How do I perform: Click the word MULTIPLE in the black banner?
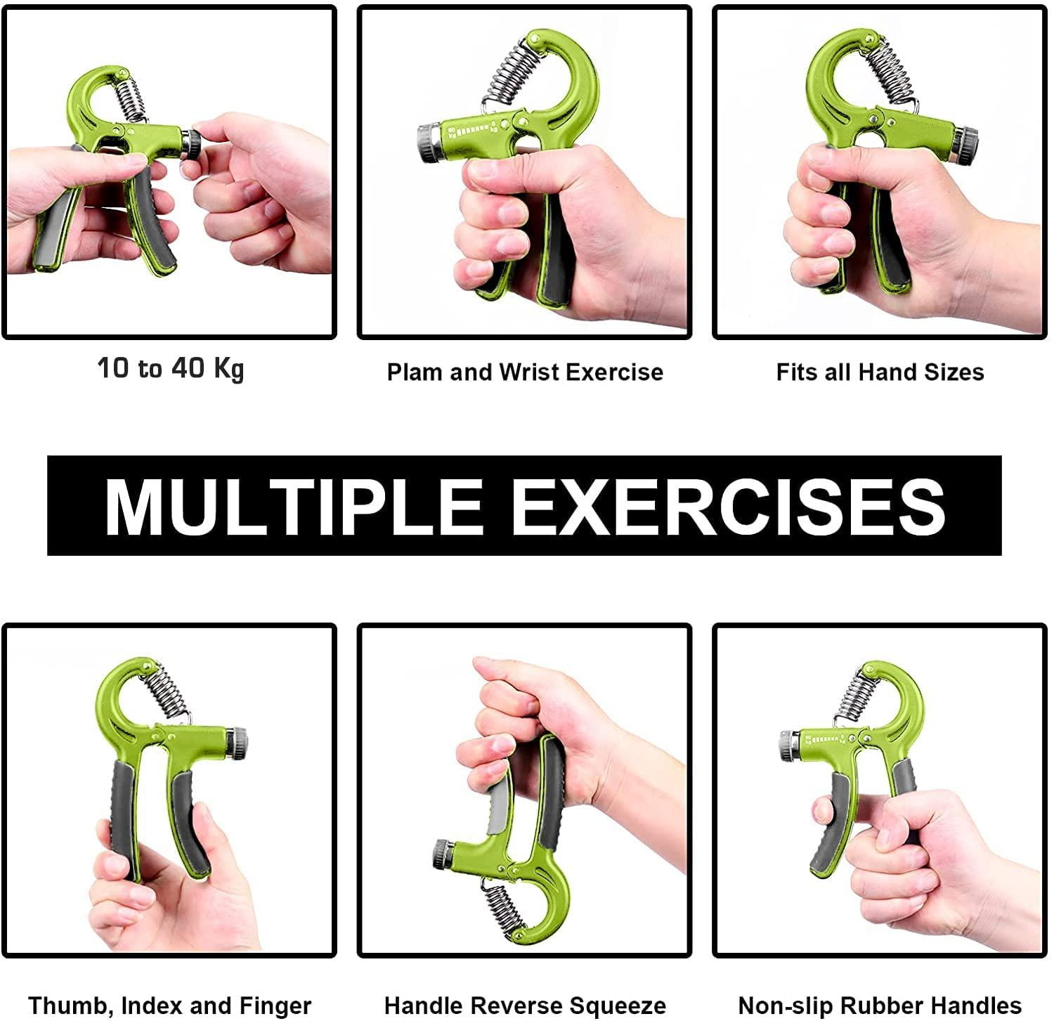click(293, 507)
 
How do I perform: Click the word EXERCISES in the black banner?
click(728, 507)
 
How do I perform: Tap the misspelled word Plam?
click(415, 372)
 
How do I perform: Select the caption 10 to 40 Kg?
click(171, 368)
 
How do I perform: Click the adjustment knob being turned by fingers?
click(190, 144)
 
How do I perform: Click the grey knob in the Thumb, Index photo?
click(237, 743)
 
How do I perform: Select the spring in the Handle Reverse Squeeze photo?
click(504, 908)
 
